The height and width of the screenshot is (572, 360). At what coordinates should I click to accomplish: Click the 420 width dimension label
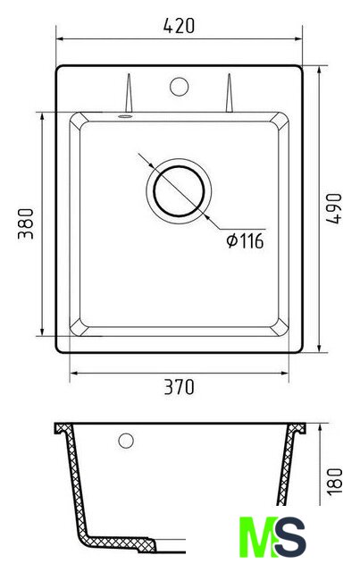179,26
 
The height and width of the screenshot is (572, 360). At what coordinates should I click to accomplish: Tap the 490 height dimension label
334,208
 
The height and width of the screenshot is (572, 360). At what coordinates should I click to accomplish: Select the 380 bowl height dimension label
26,223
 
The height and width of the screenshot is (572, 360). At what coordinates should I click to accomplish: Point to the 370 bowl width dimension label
179,387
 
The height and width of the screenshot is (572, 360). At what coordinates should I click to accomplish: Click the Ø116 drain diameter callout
245,241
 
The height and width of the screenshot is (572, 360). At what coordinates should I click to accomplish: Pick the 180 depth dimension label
334,481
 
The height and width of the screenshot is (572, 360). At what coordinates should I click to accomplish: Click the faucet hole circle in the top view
179,87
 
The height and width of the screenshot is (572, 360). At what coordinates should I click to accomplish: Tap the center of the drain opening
179,191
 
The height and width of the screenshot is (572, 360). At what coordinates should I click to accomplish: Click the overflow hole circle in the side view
126,441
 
